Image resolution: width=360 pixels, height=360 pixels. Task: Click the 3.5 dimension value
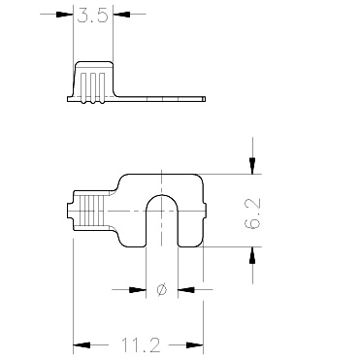(92, 16)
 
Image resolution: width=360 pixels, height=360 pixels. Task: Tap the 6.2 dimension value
(253, 213)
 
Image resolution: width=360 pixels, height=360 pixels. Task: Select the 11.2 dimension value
(141, 345)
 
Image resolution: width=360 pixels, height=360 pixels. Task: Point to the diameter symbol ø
(161, 289)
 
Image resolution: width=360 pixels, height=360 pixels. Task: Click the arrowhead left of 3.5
(64, 15)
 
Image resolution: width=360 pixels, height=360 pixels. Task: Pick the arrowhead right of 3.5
(121, 15)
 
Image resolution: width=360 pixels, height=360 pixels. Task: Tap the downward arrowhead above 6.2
(252, 166)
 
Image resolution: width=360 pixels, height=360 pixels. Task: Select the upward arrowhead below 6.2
(252, 255)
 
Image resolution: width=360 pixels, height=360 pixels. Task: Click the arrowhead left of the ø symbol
(138, 289)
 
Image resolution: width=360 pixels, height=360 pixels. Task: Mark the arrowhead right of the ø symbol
(186, 289)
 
